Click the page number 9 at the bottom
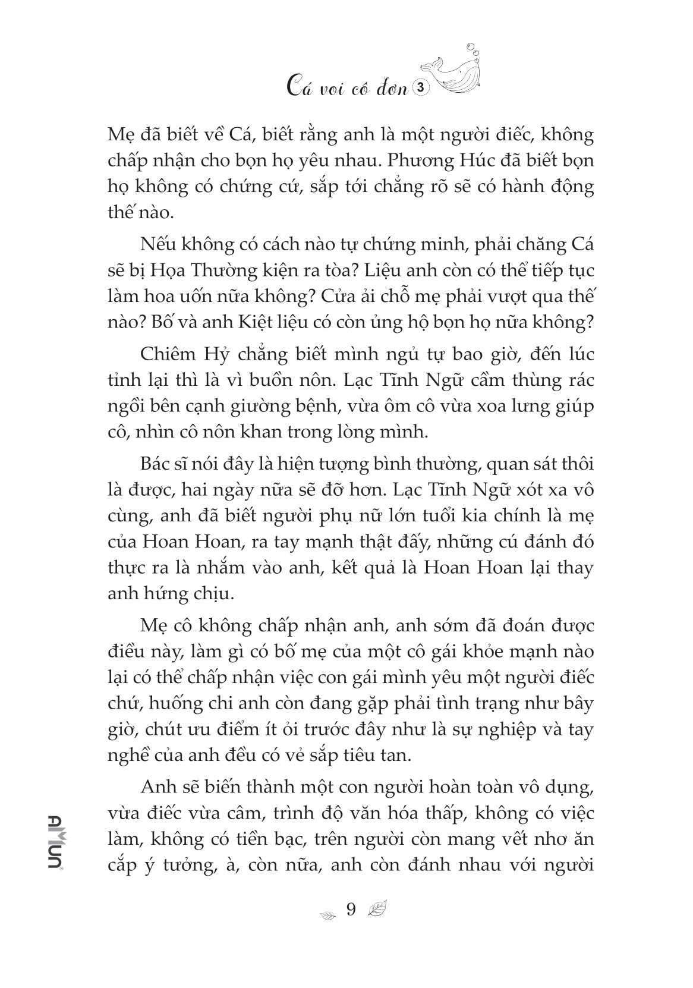[x=350, y=910]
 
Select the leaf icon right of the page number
[x=377, y=910]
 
